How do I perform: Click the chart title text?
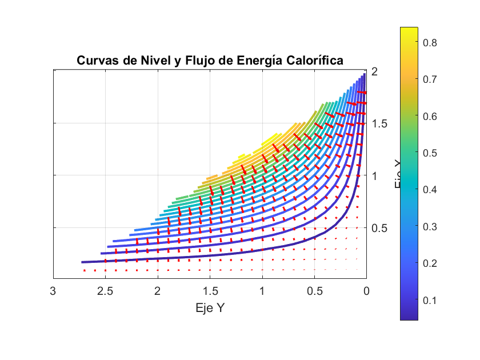pyautogui.click(x=210, y=61)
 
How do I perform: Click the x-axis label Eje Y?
pyautogui.click(x=210, y=308)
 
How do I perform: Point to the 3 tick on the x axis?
pyautogui.click(x=53, y=291)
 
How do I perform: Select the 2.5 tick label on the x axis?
pyautogui.click(x=105, y=291)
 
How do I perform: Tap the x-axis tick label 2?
pyautogui.click(x=158, y=291)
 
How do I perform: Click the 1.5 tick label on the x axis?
pyautogui.click(x=210, y=291)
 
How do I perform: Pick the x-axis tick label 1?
pyautogui.click(x=262, y=291)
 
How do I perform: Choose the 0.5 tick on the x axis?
pyautogui.click(x=314, y=291)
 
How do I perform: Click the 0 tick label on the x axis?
pyautogui.click(x=366, y=291)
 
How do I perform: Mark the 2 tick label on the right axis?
pyautogui.click(x=375, y=71)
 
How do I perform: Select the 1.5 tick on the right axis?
pyautogui.click(x=379, y=123)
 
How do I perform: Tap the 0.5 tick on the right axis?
pyautogui.click(x=379, y=228)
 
